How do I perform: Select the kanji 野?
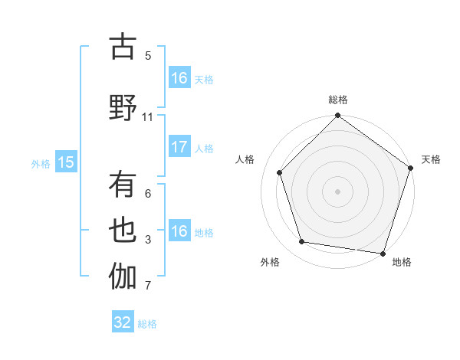123,108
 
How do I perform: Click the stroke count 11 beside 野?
148,116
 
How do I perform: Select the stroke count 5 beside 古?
148,55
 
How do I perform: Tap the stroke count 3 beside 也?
148,240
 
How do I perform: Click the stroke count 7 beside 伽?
148,286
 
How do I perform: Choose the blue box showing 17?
179,147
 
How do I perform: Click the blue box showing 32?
123,322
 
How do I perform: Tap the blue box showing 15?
65,162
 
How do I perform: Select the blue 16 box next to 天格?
179,78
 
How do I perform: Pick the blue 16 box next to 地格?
179,231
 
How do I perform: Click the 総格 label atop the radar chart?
338,100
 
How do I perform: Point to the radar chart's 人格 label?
245,159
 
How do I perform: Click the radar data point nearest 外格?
302,242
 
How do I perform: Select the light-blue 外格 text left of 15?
41,162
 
